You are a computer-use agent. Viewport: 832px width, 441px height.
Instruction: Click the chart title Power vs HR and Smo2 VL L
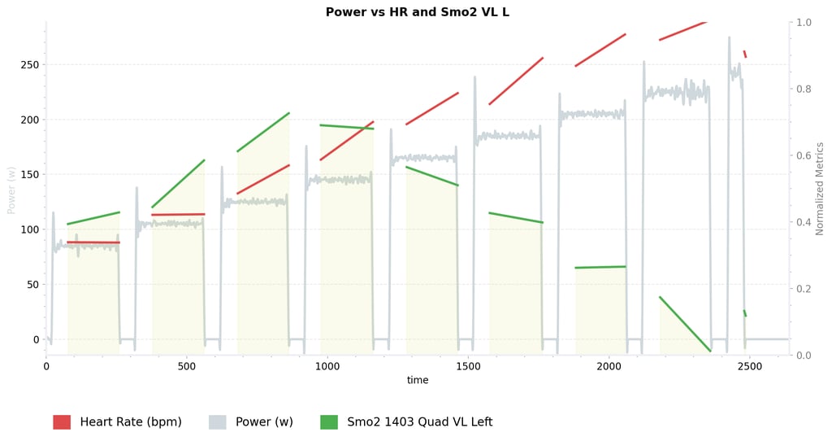tap(417, 12)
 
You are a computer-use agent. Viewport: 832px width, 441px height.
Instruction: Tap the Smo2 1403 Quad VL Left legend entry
tap(419, 422)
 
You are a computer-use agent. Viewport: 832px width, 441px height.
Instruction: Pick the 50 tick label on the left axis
tap(32, 285)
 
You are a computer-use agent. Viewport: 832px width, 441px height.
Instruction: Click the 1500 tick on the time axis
tap(468, 367)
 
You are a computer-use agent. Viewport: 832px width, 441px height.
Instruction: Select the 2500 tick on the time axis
tap(749, 367)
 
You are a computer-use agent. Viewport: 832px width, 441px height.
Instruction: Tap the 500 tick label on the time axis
tap(187, 367)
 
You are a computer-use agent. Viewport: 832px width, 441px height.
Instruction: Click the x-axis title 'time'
tap(418, 381)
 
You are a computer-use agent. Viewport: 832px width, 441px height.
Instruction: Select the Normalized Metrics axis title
tap(820, 189)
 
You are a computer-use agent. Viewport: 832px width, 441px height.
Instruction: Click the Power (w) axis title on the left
tap(11, 190)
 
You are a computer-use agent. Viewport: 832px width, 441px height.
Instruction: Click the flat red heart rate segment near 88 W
tap(93, 242)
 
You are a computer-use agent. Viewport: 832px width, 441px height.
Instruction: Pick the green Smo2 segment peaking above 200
tap(263, 132)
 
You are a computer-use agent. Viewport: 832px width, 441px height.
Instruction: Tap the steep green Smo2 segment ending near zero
tap(685, 324)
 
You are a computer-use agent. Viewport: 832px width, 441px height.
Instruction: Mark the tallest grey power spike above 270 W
tap(729, 39)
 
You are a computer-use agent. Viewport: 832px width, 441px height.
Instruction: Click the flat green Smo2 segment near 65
tap(600, 267)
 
